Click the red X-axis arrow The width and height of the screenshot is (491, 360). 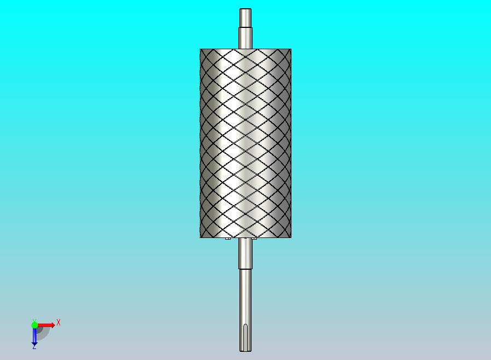46,325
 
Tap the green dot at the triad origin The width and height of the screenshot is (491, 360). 34,325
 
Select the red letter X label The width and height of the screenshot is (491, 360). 59,322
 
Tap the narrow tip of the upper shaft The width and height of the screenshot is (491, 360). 245,18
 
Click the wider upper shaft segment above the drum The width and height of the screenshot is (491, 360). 245,38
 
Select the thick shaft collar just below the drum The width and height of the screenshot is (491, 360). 245,253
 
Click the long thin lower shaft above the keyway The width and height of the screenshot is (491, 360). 245,297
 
